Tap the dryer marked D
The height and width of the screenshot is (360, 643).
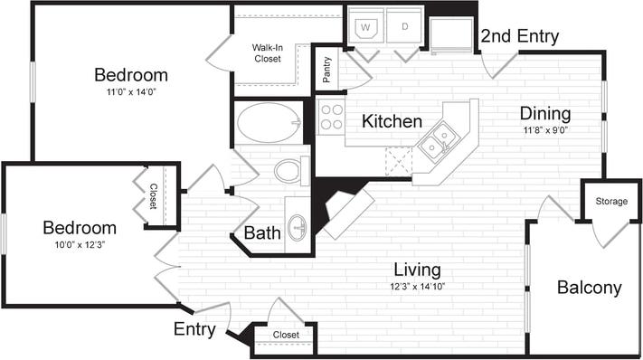coord(405,26)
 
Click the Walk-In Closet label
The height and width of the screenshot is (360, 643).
coord(269,52)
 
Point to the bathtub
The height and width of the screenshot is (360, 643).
coord(269,121)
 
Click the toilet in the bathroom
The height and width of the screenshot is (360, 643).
coord(290,170)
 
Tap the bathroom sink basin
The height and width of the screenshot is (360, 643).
coord(297,225)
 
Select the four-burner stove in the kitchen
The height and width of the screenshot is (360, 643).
coord(331,118)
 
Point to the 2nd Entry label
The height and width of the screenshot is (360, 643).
coord(519,36)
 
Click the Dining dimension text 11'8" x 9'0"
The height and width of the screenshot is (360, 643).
coord(545,131)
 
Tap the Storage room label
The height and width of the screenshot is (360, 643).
coord(610,201)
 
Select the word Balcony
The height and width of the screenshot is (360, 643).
coord(589,288)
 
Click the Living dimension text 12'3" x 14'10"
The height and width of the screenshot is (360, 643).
coord(417,287)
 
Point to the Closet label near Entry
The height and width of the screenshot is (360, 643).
coord(286,335)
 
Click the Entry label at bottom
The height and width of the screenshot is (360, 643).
coord(194,329)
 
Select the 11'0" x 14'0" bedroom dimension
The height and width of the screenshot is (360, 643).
coord(131,91)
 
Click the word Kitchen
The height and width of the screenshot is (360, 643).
coord(392,121)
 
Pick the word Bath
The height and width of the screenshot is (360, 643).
coord(262,233)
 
